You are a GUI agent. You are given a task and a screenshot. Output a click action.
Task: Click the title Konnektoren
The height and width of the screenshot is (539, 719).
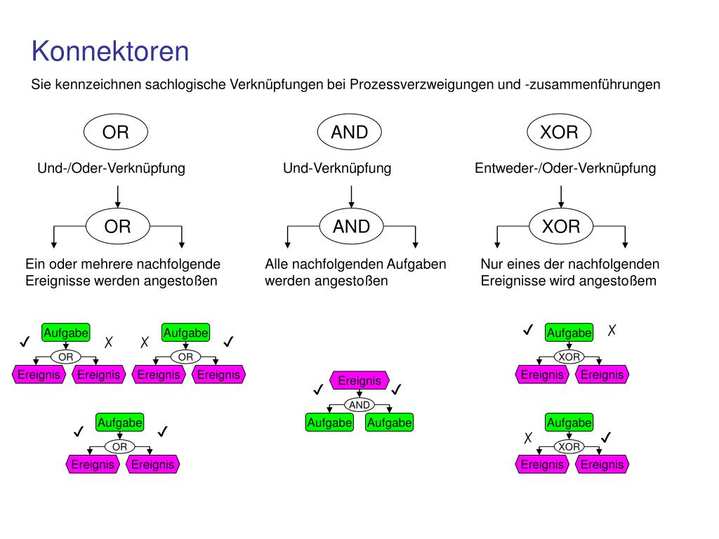110,52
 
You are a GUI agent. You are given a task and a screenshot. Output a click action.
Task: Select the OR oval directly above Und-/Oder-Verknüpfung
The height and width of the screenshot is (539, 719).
116,132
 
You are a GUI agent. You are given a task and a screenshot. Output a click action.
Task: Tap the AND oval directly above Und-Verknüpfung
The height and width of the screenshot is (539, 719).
349,132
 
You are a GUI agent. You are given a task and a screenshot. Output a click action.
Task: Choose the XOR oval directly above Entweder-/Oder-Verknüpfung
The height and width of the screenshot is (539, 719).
559,132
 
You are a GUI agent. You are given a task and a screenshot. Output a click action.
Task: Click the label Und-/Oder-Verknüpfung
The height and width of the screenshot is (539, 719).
111,168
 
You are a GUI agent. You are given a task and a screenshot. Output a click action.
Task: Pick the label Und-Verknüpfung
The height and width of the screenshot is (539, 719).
337,168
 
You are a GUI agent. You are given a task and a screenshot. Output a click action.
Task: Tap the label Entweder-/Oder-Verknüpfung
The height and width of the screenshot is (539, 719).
565,168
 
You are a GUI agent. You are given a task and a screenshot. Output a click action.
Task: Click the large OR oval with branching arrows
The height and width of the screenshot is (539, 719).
117,226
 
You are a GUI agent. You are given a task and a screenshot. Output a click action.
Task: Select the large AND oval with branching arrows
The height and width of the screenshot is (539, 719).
351,226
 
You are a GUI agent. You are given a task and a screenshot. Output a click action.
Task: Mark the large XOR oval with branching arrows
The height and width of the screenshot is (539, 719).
561,226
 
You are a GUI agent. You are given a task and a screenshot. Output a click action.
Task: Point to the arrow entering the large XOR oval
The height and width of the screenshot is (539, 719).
560,197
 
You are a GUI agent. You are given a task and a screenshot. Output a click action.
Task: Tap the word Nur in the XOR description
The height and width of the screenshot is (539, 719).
492,265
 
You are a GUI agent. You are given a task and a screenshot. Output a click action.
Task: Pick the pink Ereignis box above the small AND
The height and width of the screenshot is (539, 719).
359,380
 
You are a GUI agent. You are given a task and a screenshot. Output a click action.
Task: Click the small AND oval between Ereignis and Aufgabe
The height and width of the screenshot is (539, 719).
359,405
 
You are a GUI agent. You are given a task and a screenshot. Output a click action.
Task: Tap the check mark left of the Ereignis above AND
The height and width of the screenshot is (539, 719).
318,389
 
